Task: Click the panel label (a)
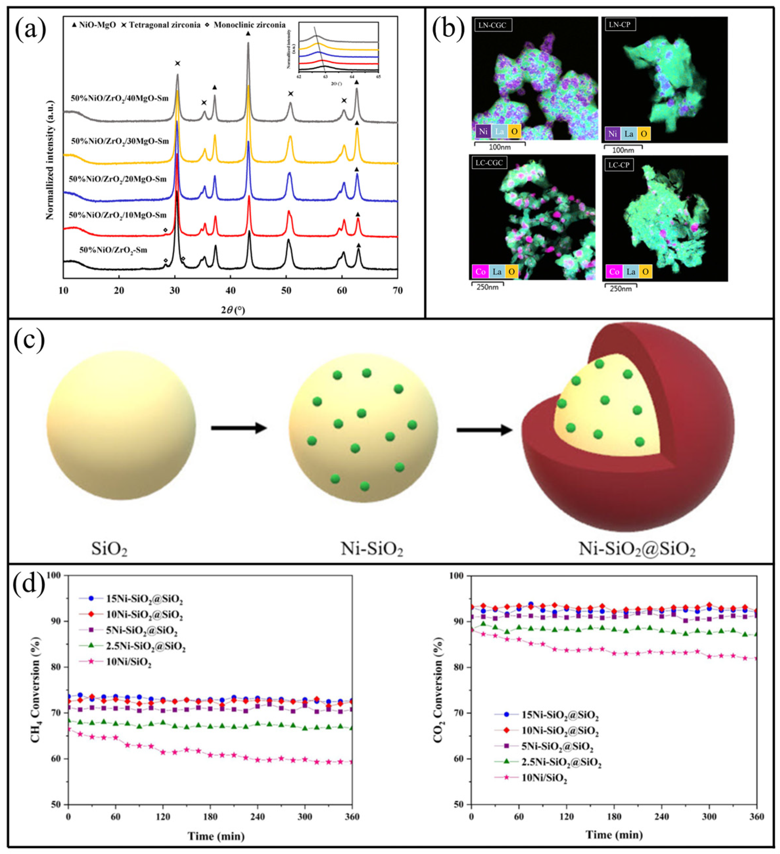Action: click(30, 29)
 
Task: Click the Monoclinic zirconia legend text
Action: click(249, 25)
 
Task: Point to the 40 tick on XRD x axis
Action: click(230, 291)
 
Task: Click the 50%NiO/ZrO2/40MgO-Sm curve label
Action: click(120, 98)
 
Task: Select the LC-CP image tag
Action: click(619, 165)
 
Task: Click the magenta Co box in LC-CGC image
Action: click(480, 272)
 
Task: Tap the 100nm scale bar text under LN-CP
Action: click(623, 150)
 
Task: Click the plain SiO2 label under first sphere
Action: click(109, 550)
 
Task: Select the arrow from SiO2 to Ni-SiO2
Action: click(239, 428)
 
